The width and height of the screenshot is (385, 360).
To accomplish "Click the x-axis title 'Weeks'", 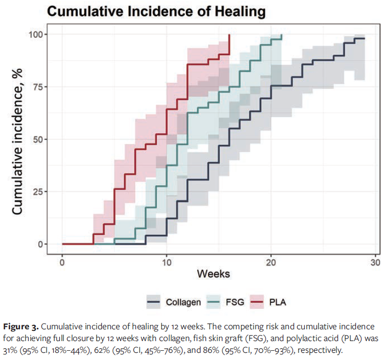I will click(x=213, y=274).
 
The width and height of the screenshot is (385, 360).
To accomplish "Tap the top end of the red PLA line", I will click(x=230, y=35).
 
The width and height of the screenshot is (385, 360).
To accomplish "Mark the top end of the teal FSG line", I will click(x=282, y=35).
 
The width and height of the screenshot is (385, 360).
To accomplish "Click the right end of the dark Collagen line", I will click(x=364, y=39).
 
